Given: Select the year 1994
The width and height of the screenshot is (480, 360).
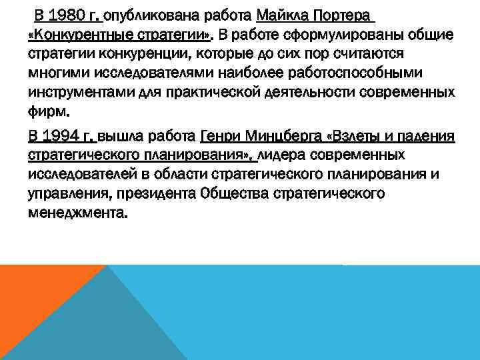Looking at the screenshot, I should coord(69,138).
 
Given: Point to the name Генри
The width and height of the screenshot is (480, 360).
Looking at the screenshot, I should coord(218,138).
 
